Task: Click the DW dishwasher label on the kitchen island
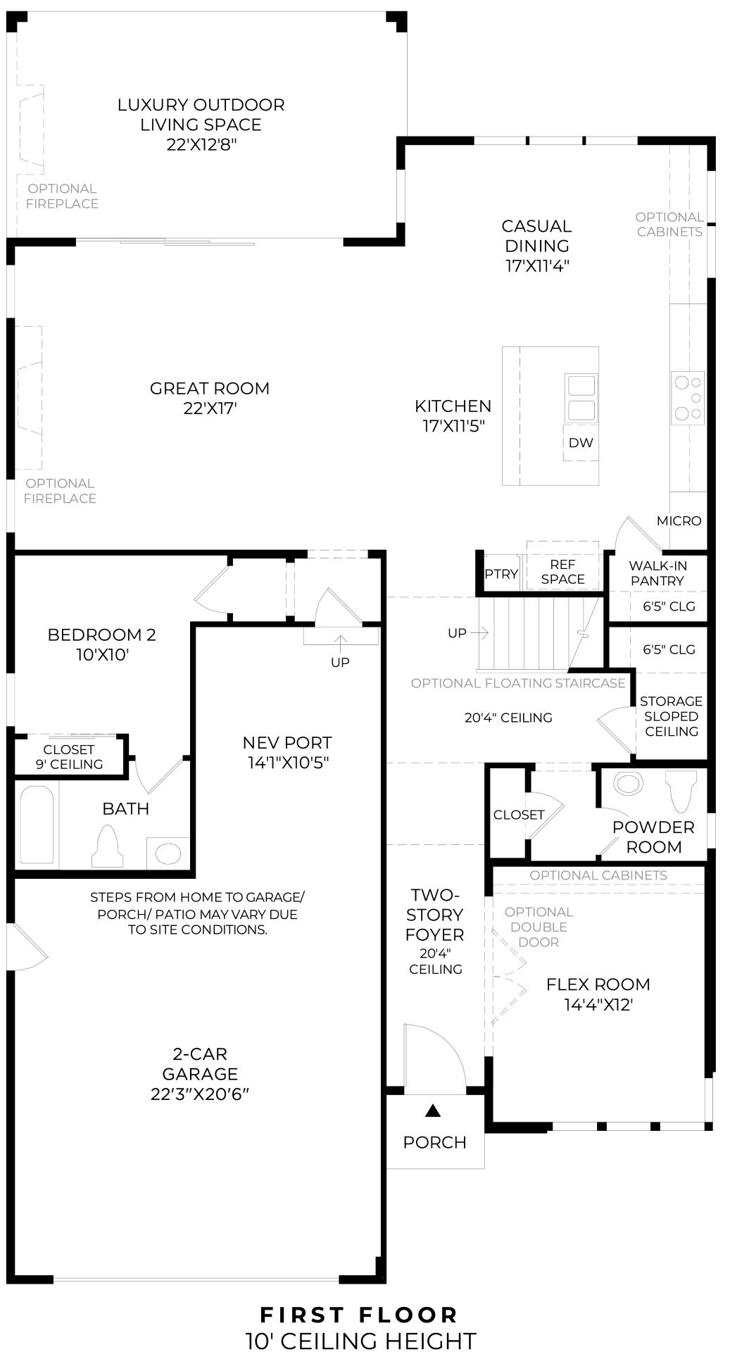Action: click(581, 443)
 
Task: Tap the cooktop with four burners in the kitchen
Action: click(688, 399)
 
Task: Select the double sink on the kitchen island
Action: click(581, 398)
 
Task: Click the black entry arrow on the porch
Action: click(433, 1111)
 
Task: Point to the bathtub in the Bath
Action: click(37, 825)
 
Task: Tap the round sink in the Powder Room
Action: click(628, 783)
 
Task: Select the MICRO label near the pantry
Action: click(679, 521)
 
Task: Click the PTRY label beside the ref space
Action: click(501, 574)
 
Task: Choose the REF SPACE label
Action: click(562, 572)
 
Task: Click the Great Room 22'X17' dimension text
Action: click(210, 408)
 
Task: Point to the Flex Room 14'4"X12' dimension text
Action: click(598, 1005)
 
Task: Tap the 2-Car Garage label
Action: click(200, 1063)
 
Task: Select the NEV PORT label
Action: click(287, 743)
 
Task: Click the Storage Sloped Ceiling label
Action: click(671, 716)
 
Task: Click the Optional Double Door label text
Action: click(539, 927)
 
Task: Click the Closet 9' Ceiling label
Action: click(69, 757)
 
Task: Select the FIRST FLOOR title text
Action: click(359, 1315)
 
